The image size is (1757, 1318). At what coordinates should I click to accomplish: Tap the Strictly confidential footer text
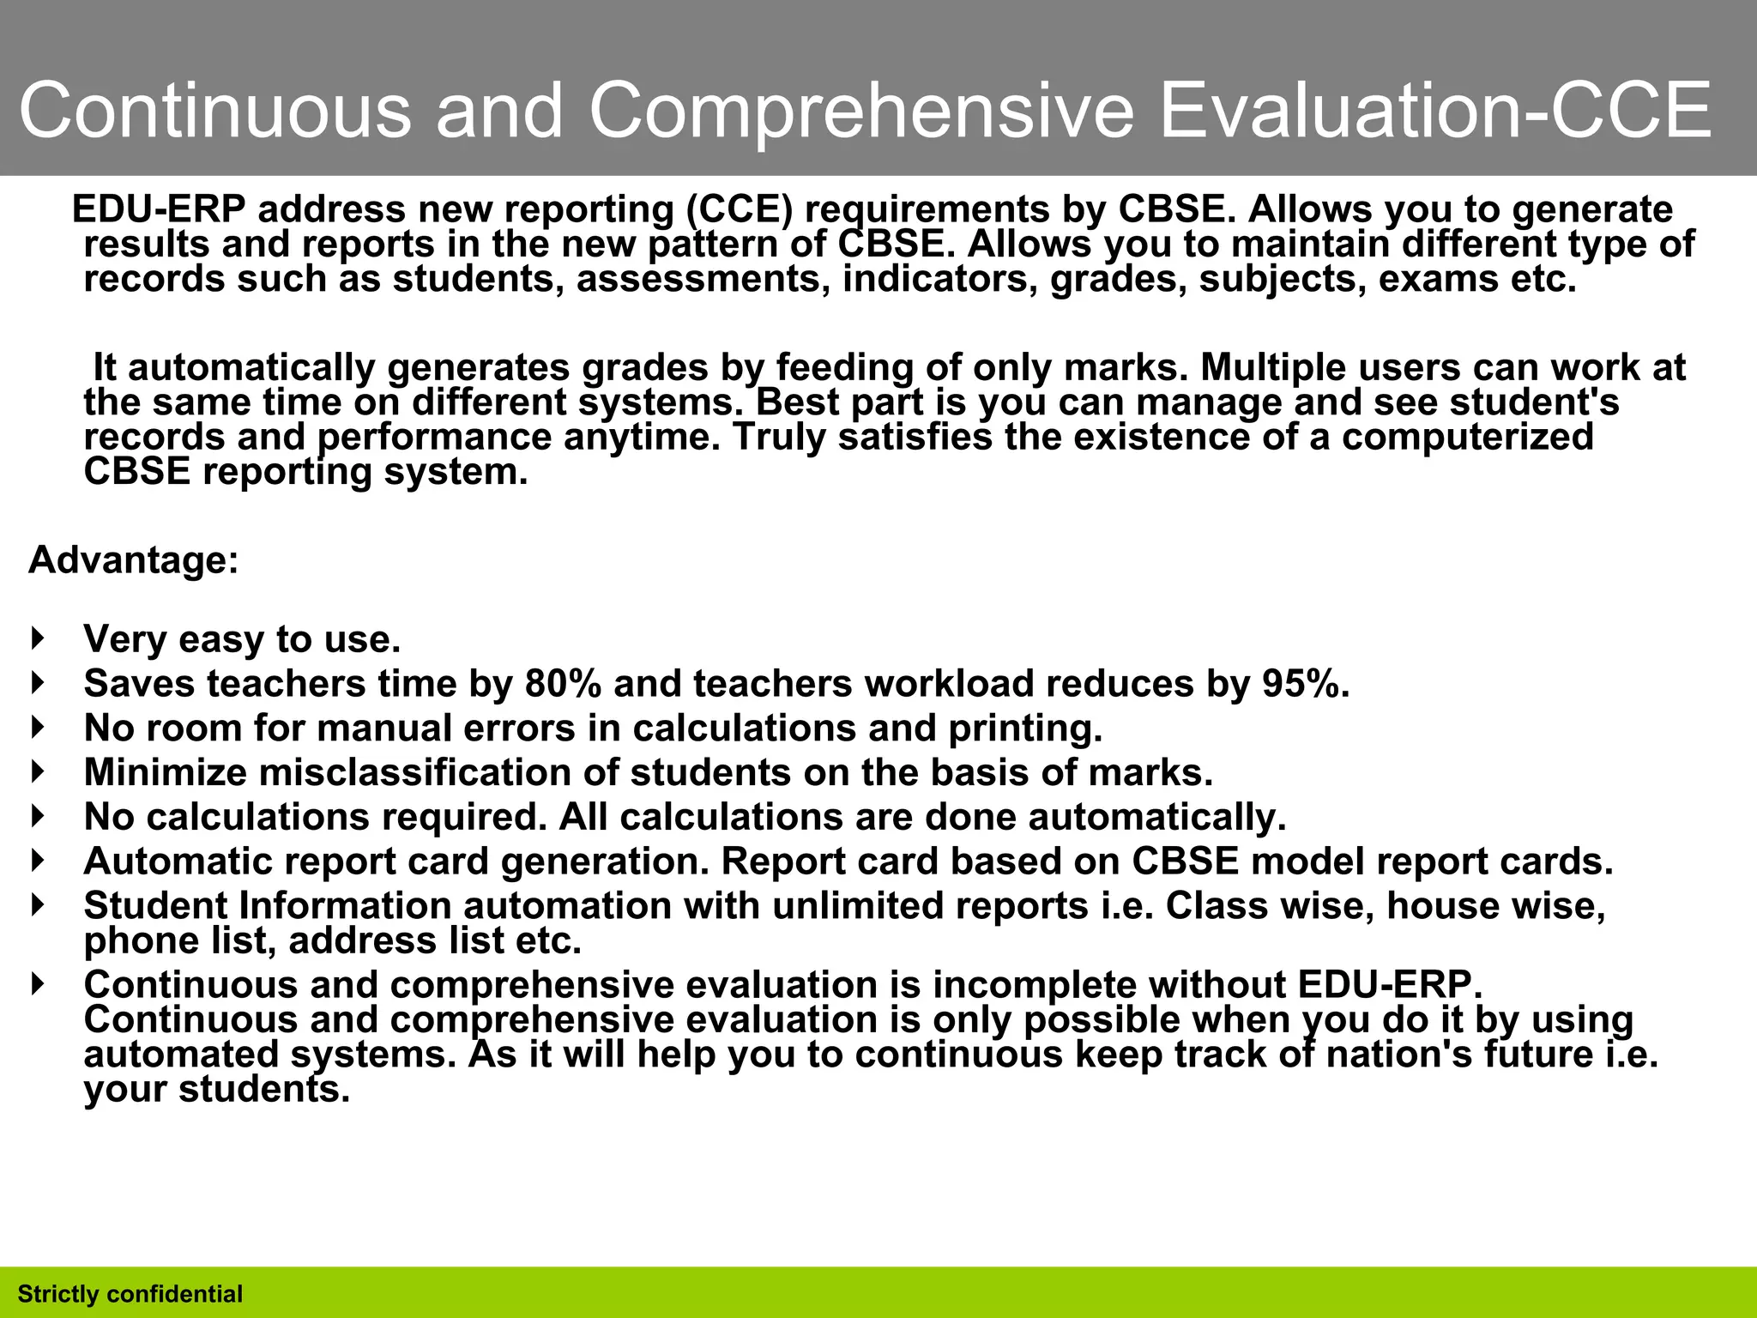click(130, 1294)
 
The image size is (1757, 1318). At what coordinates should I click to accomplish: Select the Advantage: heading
click(133, 560)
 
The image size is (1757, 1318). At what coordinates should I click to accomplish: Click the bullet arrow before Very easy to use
click(37, 638)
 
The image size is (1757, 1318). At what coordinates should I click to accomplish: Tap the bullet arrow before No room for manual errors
click(37, 728)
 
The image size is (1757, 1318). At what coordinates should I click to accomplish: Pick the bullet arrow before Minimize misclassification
click(37, 771)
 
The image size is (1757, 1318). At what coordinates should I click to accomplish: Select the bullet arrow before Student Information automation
click(37, 904)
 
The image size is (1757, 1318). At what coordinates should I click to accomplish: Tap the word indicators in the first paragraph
click(940, 279)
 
